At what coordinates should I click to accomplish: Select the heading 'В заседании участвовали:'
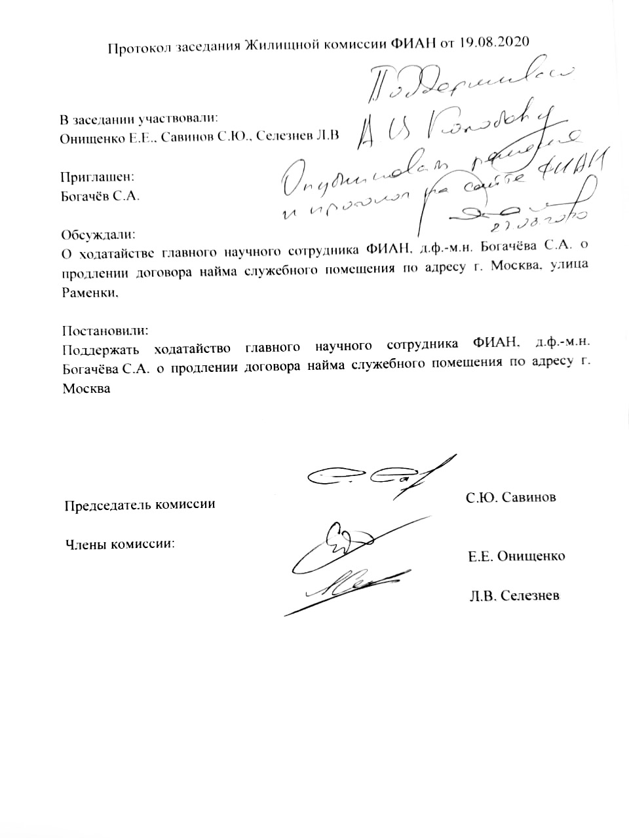point(138,119)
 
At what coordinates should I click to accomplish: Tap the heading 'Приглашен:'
point(97,176)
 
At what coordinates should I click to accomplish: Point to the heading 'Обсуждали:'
point(98,234)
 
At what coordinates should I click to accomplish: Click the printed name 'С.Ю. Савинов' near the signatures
point(511,498)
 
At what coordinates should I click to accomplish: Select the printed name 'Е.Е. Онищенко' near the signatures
point(516,556)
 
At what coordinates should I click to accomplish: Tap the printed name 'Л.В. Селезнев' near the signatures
point(514,596)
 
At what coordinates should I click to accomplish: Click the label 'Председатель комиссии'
point(140,505)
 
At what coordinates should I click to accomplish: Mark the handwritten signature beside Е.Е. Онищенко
point(347,543)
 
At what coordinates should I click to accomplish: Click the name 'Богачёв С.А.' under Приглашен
point(100,196)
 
